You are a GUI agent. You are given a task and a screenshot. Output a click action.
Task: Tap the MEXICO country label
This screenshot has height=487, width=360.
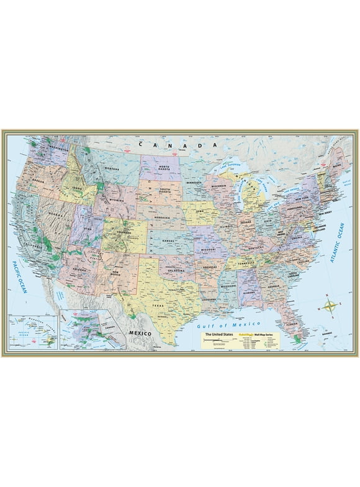tap(140, 334)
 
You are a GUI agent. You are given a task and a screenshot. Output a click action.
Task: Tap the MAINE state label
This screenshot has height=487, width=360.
tap(338, 165)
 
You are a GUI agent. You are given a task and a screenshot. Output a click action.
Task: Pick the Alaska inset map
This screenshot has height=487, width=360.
tap(83, 330)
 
